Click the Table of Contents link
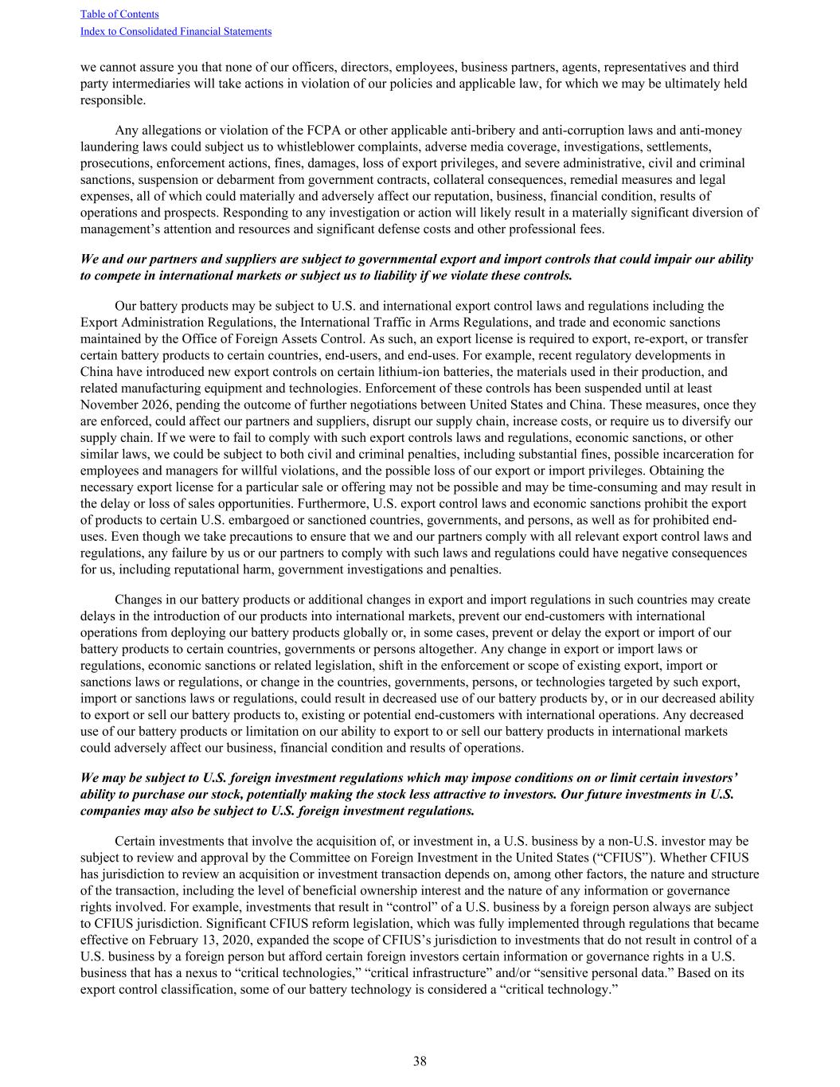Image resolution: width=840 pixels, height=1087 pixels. pyautogui.click(x=119, y=14)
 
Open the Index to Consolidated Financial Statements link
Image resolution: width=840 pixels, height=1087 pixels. pyautogui.click(x=176, y=32)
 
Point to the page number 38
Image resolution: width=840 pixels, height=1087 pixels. pyautogui.click(x=420, y=1061)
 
